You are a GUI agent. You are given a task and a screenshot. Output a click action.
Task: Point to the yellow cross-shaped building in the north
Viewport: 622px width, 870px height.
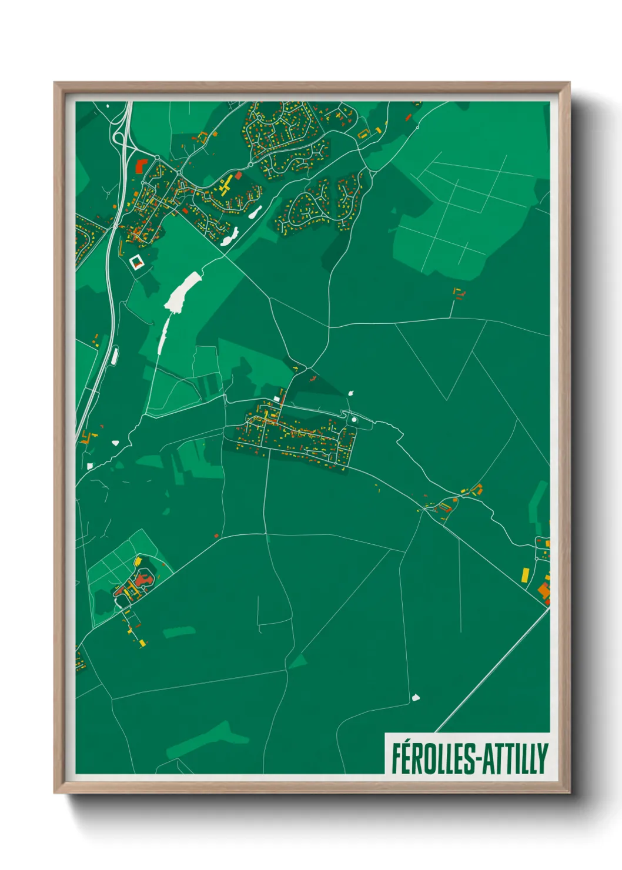click(x=225, y=185)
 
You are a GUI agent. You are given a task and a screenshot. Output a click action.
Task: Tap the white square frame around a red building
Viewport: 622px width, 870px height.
click(x=136, y=262)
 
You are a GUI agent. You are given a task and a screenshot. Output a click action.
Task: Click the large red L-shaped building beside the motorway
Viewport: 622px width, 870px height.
click(x=140, y=165)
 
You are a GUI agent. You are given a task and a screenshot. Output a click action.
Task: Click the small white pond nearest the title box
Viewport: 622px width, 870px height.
click(x=416, y=698)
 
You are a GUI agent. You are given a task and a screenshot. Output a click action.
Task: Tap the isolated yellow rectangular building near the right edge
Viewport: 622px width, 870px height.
click(x=525, y=574)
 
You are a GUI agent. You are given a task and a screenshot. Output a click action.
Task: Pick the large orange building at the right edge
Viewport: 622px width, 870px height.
click(x=544, y=590)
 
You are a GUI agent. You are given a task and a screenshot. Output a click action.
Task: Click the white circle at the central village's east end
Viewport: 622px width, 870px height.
click(x=354, y=420)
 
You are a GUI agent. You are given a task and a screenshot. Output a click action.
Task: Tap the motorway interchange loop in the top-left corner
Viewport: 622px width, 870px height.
click(x=118, y=138)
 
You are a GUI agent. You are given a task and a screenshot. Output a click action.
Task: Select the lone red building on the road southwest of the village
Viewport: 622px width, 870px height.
click(x=216, y=536)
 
